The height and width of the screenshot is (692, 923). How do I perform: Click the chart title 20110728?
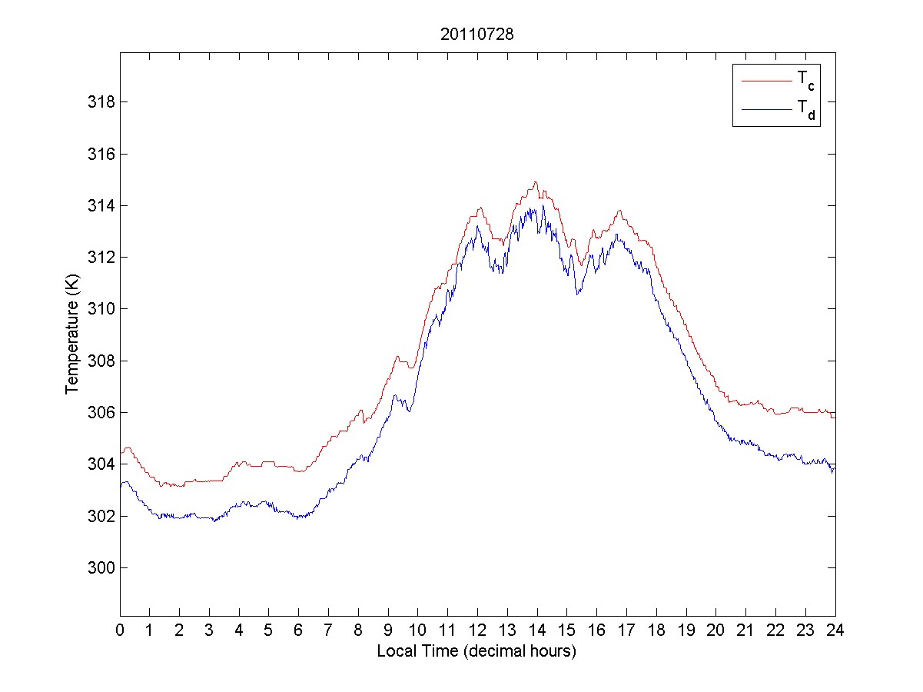coord(476,34)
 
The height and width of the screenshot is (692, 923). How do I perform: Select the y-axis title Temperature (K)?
coord(73,333)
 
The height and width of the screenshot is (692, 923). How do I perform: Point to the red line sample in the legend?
coord(765,80)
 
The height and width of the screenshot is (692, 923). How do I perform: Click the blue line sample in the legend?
coord(765,110)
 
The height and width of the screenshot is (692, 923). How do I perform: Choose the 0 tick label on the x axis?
coord(120,630)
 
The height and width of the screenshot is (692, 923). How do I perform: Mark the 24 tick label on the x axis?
coord(835,630)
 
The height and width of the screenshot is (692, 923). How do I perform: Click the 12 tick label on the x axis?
coord(477,630)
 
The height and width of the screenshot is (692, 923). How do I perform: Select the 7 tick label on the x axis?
coord(329,630)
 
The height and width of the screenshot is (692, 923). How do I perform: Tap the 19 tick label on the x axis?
coord(686,630)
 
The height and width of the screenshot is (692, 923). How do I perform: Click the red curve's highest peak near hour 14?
coord(536,182)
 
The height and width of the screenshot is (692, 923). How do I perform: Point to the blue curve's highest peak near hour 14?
coord(543,205)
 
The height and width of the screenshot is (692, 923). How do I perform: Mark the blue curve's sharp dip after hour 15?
coord(576,294)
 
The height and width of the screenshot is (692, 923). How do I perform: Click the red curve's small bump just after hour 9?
coord(397,356)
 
